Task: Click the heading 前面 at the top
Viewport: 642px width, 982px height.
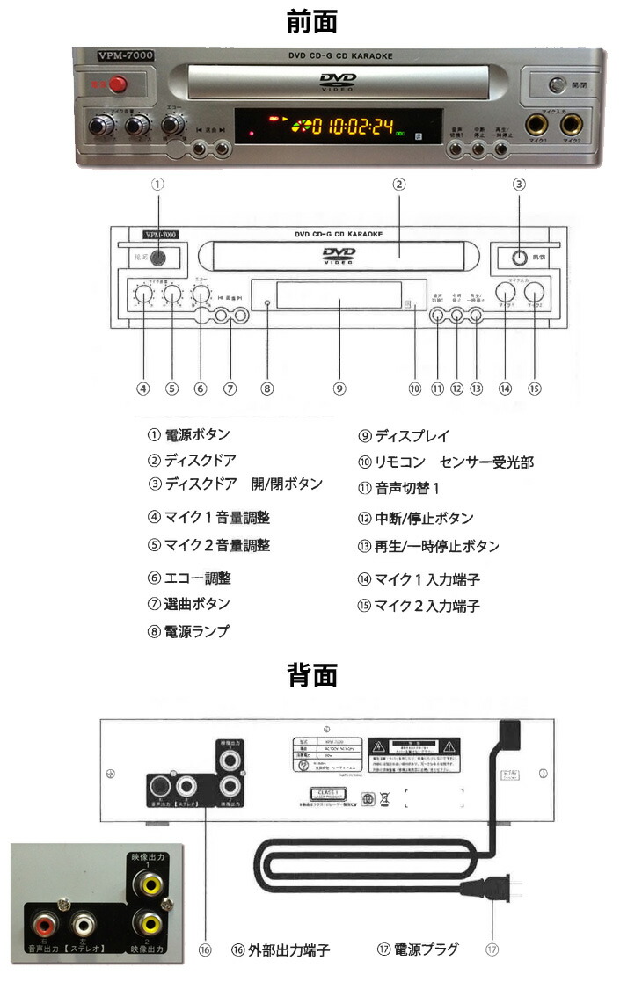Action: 312,20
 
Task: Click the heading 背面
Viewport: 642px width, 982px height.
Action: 312,675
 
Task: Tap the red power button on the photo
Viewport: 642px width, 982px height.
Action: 115,84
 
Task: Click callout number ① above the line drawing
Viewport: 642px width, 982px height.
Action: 157,185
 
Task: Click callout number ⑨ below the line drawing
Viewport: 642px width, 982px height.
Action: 339,387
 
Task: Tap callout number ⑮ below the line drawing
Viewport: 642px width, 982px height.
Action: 535,387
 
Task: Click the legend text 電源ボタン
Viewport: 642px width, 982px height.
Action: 197,434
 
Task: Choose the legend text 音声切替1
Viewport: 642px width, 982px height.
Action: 406,489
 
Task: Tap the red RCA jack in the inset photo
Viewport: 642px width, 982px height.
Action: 45,924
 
